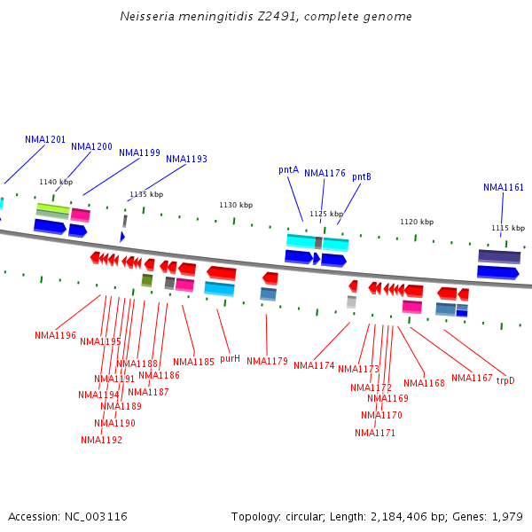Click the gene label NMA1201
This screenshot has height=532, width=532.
pyautogui.click(x=45, y=139)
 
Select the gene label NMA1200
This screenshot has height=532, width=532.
pyautogui.click(x=91, y=146)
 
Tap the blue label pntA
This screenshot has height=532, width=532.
pyautogui.click(x=288, y=169)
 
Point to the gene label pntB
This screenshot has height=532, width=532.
pyautogui.click(x=361, y=176)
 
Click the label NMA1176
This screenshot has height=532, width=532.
pyautogui.click(x=325, y=173)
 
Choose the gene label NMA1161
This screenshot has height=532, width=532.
pyautogui.click(x=504, y=187)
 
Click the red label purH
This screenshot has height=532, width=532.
pyautogui.click(x=230, y=358)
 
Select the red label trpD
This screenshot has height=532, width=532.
pyautogui.click(x=505, y=380)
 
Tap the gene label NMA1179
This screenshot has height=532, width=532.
pyautogui.click(x=267, y=361)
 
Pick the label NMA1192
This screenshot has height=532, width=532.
pyautogui.click(x=101, y=440)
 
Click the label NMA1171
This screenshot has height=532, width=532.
pyautogui.click(x=375, y=433)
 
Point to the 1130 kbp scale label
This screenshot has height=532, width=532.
pyautogui.click(x=231, y=205)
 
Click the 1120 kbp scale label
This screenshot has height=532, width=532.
pyautogui.click(x=417, y=222)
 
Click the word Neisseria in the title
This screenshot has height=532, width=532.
pyautogui.click(x=145, y=17)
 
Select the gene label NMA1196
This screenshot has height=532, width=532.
pyautogui.click(x=55, y=335)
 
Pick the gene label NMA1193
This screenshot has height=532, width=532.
pyautogui.click(x=186, y=159)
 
